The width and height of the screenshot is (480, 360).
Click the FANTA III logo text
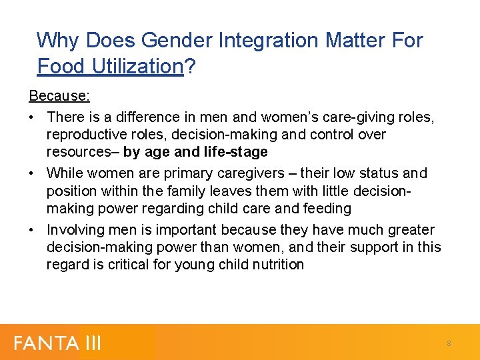[x=57, y=343]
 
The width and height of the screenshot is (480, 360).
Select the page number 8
[x=449, y=343]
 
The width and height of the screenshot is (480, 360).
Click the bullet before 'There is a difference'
[x=33, y=117]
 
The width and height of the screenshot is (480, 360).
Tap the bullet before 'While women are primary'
[x=33, y=173]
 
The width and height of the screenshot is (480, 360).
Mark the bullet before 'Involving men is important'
[x=33, y=230]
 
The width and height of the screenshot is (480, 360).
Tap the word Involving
[x=75, y=230]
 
